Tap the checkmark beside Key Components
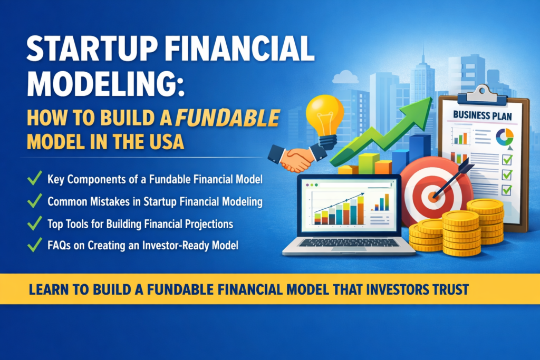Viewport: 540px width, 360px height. click(x=34, y=180)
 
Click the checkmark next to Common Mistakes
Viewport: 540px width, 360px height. click(x=34, y=202)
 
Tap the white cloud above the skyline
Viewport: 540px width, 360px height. click(x=345, y=77)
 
